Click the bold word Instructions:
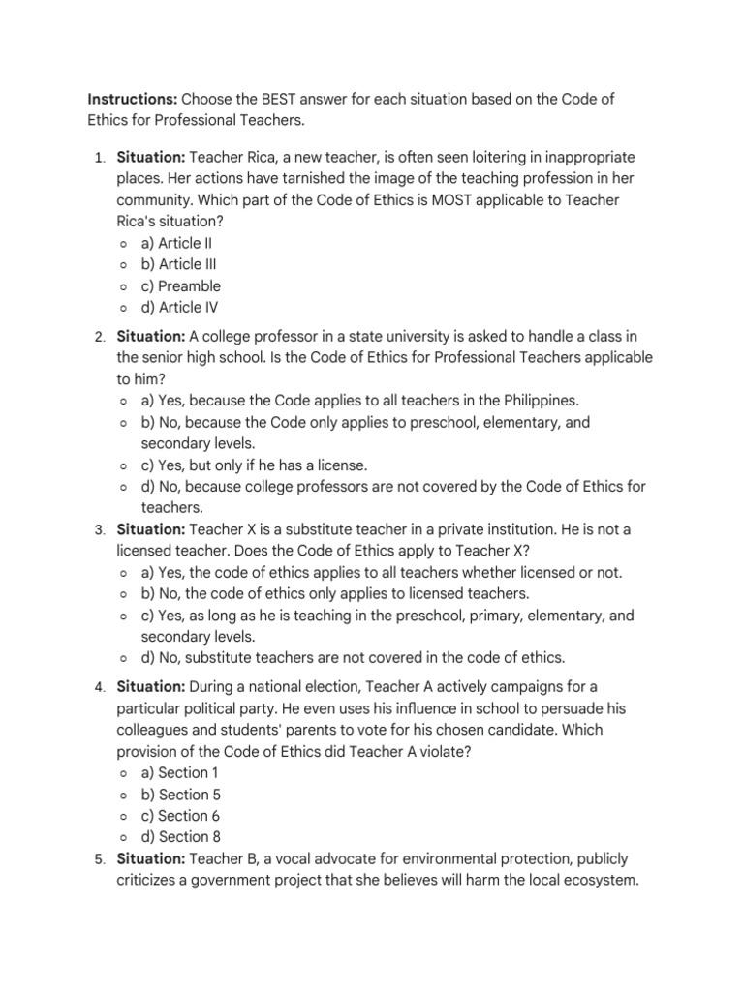(132, 100)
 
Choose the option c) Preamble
(180, 285)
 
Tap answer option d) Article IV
(179, 308)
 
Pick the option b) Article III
(178, 264)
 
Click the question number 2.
(100, 336)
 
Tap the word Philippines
(542, 401)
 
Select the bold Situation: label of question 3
(151, 529)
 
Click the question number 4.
(100, 687)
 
